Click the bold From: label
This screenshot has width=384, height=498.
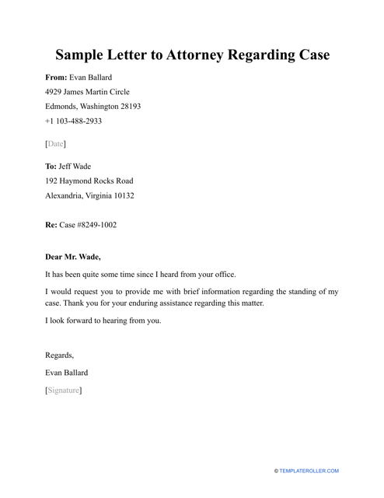[x=57, y=78]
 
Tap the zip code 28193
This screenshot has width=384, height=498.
[x=128, y=107]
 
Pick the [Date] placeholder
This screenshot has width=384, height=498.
[x=56, y=144]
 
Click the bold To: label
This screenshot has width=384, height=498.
[x=51, y=167]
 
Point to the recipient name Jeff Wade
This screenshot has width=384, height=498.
[x=81, y=167]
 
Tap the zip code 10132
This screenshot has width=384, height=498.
[x=121, y=196]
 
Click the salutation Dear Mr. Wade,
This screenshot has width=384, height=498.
[x=73, y=256]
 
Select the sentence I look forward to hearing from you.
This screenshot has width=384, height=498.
[x=103, y=321]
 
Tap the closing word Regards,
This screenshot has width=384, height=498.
[x=60, y=356]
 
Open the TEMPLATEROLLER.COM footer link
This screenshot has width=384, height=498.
[x=316, y=472]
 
